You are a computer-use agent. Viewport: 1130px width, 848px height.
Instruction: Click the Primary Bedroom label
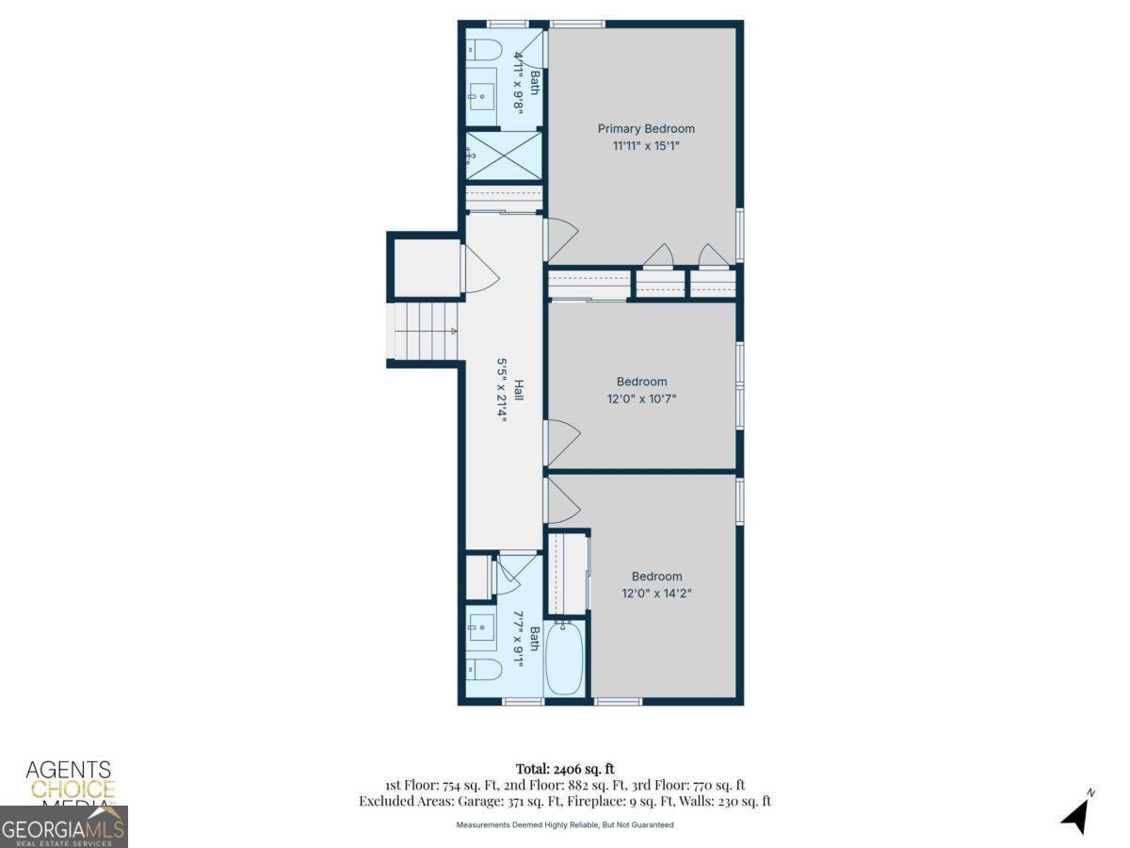tap(646, 128)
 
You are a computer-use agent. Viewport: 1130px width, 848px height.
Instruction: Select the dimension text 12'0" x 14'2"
tap(656, 594)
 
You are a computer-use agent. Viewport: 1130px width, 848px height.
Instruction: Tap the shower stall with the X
tap(504, 155)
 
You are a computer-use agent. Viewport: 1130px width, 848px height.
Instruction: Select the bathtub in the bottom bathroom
tap(564, 658)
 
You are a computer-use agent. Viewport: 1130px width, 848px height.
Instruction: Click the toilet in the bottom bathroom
tap(484, 671)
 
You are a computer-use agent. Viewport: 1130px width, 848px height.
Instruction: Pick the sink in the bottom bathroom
tap(483, 626)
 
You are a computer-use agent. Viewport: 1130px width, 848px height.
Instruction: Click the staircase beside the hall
tap(423, 331)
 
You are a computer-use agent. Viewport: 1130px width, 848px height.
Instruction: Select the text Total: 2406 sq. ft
tap(565, 768)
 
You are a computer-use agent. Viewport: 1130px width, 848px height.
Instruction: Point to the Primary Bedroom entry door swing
tap(561, 239)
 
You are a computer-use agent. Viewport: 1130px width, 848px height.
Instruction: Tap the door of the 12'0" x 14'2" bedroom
tap(562, 499)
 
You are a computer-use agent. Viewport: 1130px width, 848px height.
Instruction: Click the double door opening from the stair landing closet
tap(478, 269)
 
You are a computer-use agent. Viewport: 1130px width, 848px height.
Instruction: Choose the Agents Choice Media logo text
tap(69, 781)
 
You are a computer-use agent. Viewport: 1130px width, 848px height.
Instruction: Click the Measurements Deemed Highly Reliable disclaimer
tap(565, 824)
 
